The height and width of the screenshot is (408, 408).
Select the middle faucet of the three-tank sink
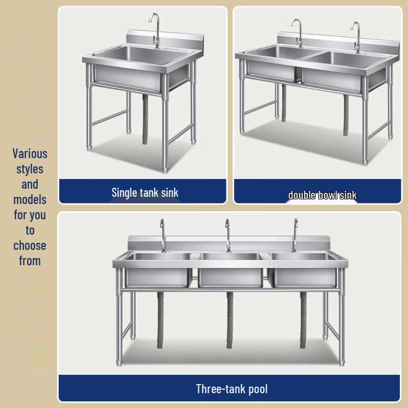click(227, 236)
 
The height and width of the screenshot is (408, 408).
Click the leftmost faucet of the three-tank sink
click(163, 236)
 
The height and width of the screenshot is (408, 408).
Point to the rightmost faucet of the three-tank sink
click(294, 236)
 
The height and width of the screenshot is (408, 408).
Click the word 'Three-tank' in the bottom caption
click(221, 389)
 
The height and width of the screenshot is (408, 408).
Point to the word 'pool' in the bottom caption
click(258, 390)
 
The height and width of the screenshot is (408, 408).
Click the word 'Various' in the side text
click(30, 154)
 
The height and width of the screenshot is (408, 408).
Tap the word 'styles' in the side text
click(30, 169)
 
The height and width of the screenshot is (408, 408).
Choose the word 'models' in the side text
click(30, 199)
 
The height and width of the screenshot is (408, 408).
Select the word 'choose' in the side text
click(30, 245)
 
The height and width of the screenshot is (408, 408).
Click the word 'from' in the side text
click(30, 261)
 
